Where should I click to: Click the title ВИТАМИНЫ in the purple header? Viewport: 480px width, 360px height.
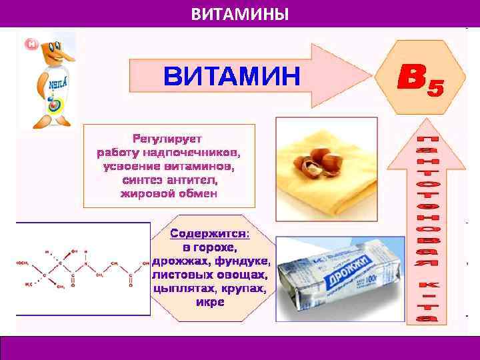[240, 13]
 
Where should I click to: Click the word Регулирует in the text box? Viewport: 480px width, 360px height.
[169, 139]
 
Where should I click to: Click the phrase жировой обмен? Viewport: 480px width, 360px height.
[169, 194]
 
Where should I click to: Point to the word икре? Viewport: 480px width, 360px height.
[211, 302]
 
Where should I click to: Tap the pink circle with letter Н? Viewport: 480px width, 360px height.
[31, 44]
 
